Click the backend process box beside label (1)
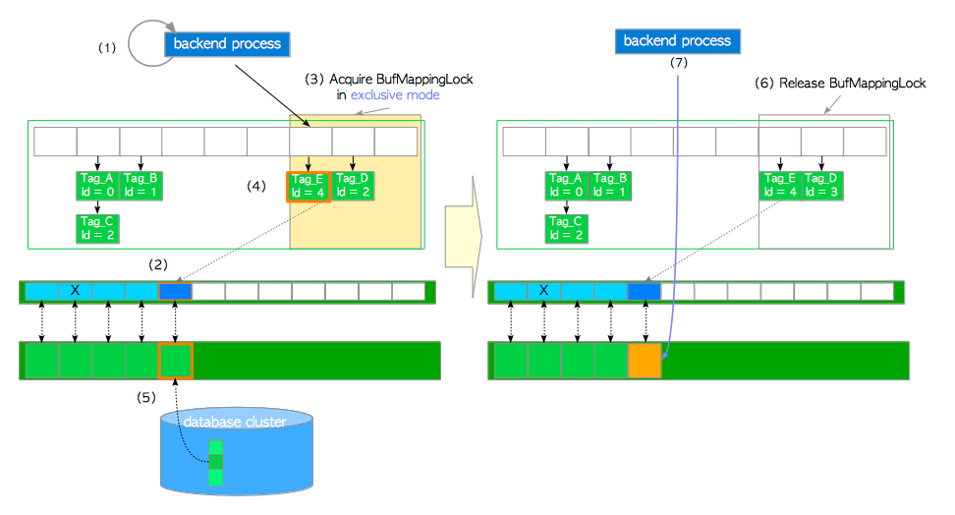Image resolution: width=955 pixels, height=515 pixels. click(227, 43)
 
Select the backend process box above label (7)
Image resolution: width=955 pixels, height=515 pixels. click(678, 40)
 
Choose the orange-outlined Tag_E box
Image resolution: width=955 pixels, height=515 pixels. click(308, 185)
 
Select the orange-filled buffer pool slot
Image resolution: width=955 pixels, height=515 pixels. click(645, 361)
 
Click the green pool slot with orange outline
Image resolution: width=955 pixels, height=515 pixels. click(175, 361)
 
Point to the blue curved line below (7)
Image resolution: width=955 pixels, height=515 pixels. click(678, 197)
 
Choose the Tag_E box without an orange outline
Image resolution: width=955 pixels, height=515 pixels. click(779, 185)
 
